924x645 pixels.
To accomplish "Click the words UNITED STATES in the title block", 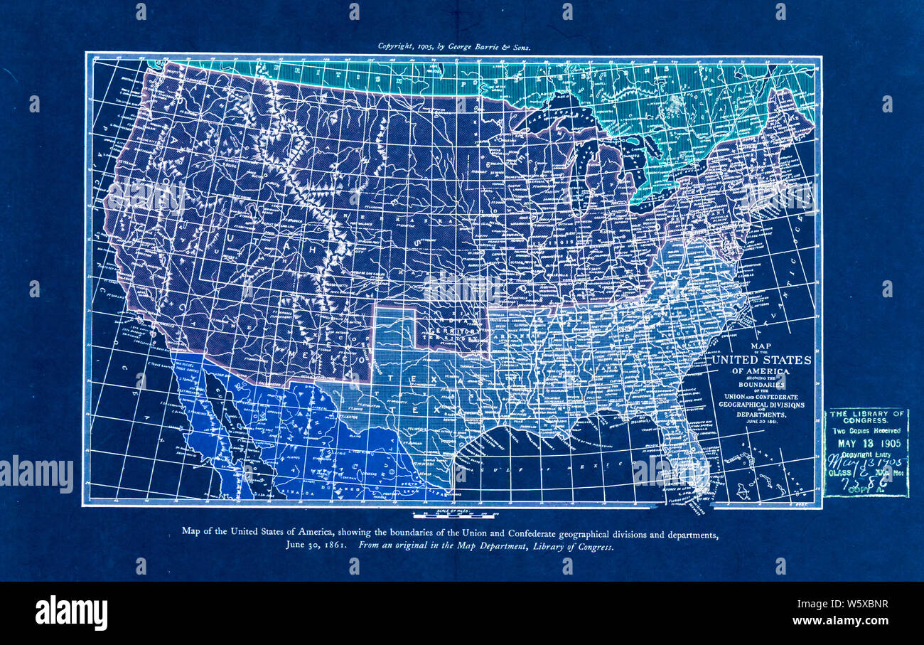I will pos(761,360).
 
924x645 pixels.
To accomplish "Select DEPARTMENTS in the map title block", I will pos(761,413).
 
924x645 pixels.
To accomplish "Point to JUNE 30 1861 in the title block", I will pos(761,421).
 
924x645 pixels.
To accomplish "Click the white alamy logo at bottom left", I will pos(71,613).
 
